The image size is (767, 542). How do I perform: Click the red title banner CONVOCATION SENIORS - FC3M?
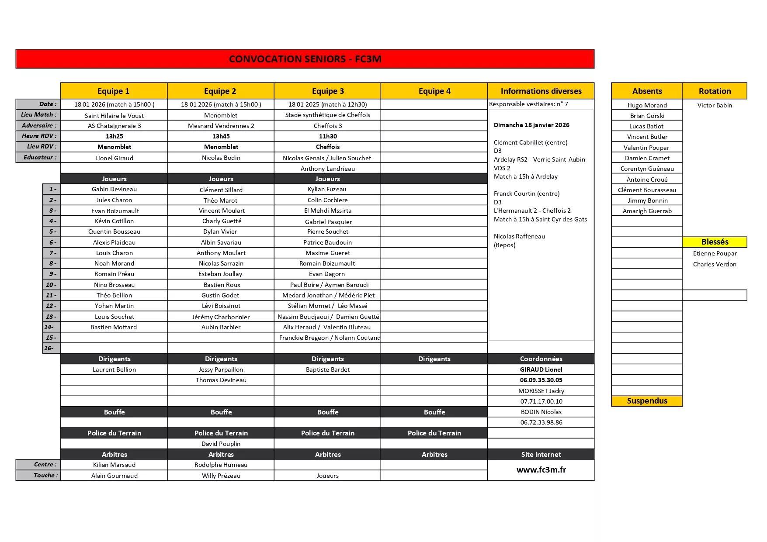pos(305,59)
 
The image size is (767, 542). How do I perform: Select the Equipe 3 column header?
pos(328,91)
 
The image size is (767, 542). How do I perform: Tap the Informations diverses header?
pos(541,91)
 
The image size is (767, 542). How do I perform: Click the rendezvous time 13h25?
pos(114,136)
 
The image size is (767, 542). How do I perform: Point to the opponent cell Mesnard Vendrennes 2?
pos(221,126)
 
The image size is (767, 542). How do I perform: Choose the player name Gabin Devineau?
pos(114,189)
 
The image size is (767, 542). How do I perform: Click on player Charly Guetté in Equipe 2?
pos(222,221)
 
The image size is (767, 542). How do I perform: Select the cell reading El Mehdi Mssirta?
pos(327,211)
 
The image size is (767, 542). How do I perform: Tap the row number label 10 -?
pos(51,285)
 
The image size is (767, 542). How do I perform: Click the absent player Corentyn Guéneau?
pos(647,169)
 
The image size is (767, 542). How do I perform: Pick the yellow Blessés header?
pos(715,242)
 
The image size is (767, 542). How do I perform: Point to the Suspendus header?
pos(647,401)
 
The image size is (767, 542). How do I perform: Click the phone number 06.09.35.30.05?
pos(541,380)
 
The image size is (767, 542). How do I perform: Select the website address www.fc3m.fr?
pos(541,470)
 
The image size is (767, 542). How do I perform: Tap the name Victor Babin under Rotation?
pos(715,105)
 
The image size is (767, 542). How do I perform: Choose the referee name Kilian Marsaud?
pos(114,465)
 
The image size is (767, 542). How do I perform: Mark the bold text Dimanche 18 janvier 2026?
pos(531,125)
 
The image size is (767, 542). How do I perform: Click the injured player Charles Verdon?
pos(715,264)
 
